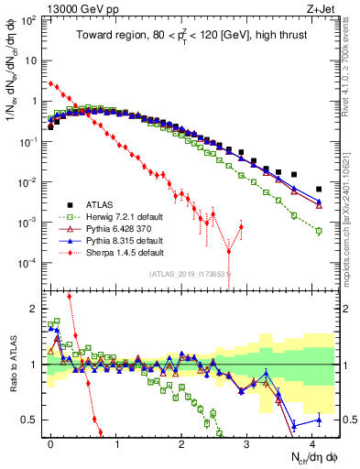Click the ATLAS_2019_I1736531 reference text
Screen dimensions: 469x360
(190, 273)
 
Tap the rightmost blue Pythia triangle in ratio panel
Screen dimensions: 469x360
(319, 420)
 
